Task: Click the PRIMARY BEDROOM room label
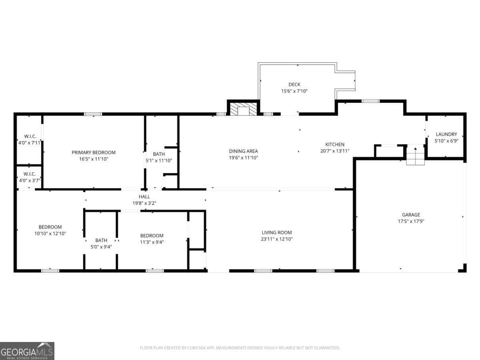tap(94, 152)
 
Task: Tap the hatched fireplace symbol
tap(243, 110)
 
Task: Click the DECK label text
tap(294, 84)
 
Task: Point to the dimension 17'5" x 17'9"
tap(411, 221)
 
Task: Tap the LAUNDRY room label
tap(446, 134)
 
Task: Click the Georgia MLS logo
tap(27, 351)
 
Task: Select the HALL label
tap(144, 196)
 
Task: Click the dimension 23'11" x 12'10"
tap(277, 239)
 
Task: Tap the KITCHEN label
tap(334, 144)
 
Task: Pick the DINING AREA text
tap(243, 151)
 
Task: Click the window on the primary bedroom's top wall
tap(93, 114)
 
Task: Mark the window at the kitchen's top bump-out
tap(370, 101)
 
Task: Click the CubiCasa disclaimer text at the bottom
tap(240, 348)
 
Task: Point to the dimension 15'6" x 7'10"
tap(294, 91)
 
